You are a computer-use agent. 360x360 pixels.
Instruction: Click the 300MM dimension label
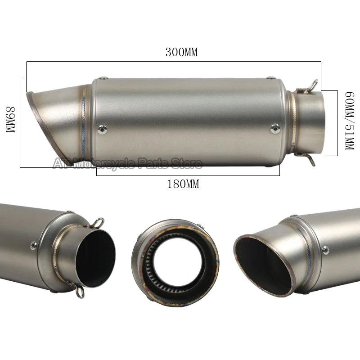pos(182,52)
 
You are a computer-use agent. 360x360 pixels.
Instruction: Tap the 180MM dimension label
pos(183,184)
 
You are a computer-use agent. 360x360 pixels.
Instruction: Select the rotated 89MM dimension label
pos(10,119)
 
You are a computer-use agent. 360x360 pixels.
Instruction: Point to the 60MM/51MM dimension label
pos(350,121)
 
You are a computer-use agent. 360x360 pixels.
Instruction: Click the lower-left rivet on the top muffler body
pos(102,129)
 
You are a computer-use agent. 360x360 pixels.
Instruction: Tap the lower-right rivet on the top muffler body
pos(275,129)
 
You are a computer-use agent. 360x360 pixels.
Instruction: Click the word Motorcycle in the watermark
pos(104,164)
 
